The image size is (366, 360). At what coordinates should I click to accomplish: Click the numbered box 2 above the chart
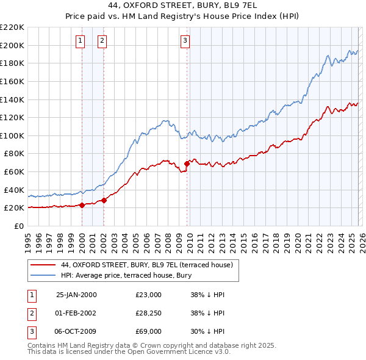[x=102, y=41]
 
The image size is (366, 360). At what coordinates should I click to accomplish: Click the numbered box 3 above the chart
[x=185, y=41]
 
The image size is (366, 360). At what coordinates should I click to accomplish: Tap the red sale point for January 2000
[x=82, y=205]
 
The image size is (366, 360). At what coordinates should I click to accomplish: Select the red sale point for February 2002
[x=104, y=200]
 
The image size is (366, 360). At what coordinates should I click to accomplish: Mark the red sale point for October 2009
[x=187, y=164]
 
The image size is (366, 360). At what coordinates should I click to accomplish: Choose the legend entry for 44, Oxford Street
[x=146, y=265]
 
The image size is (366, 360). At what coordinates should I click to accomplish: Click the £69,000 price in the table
[x=149, y=331]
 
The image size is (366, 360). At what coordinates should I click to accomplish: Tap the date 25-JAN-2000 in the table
[x=76, y=295]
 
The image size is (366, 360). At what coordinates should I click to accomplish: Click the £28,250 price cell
[x=149, y=313]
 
